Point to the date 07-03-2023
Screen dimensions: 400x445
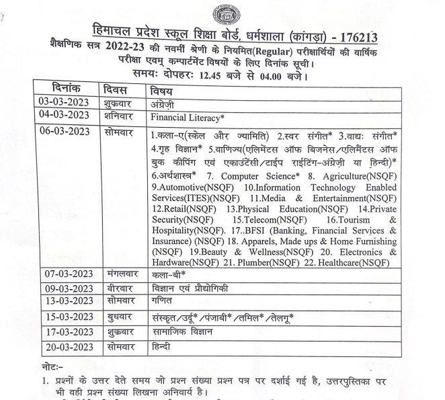click(66, 275)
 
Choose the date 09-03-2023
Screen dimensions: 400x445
click(66, 288)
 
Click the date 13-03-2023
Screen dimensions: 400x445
click(66, 302)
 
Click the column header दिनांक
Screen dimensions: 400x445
click(66, 89)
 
